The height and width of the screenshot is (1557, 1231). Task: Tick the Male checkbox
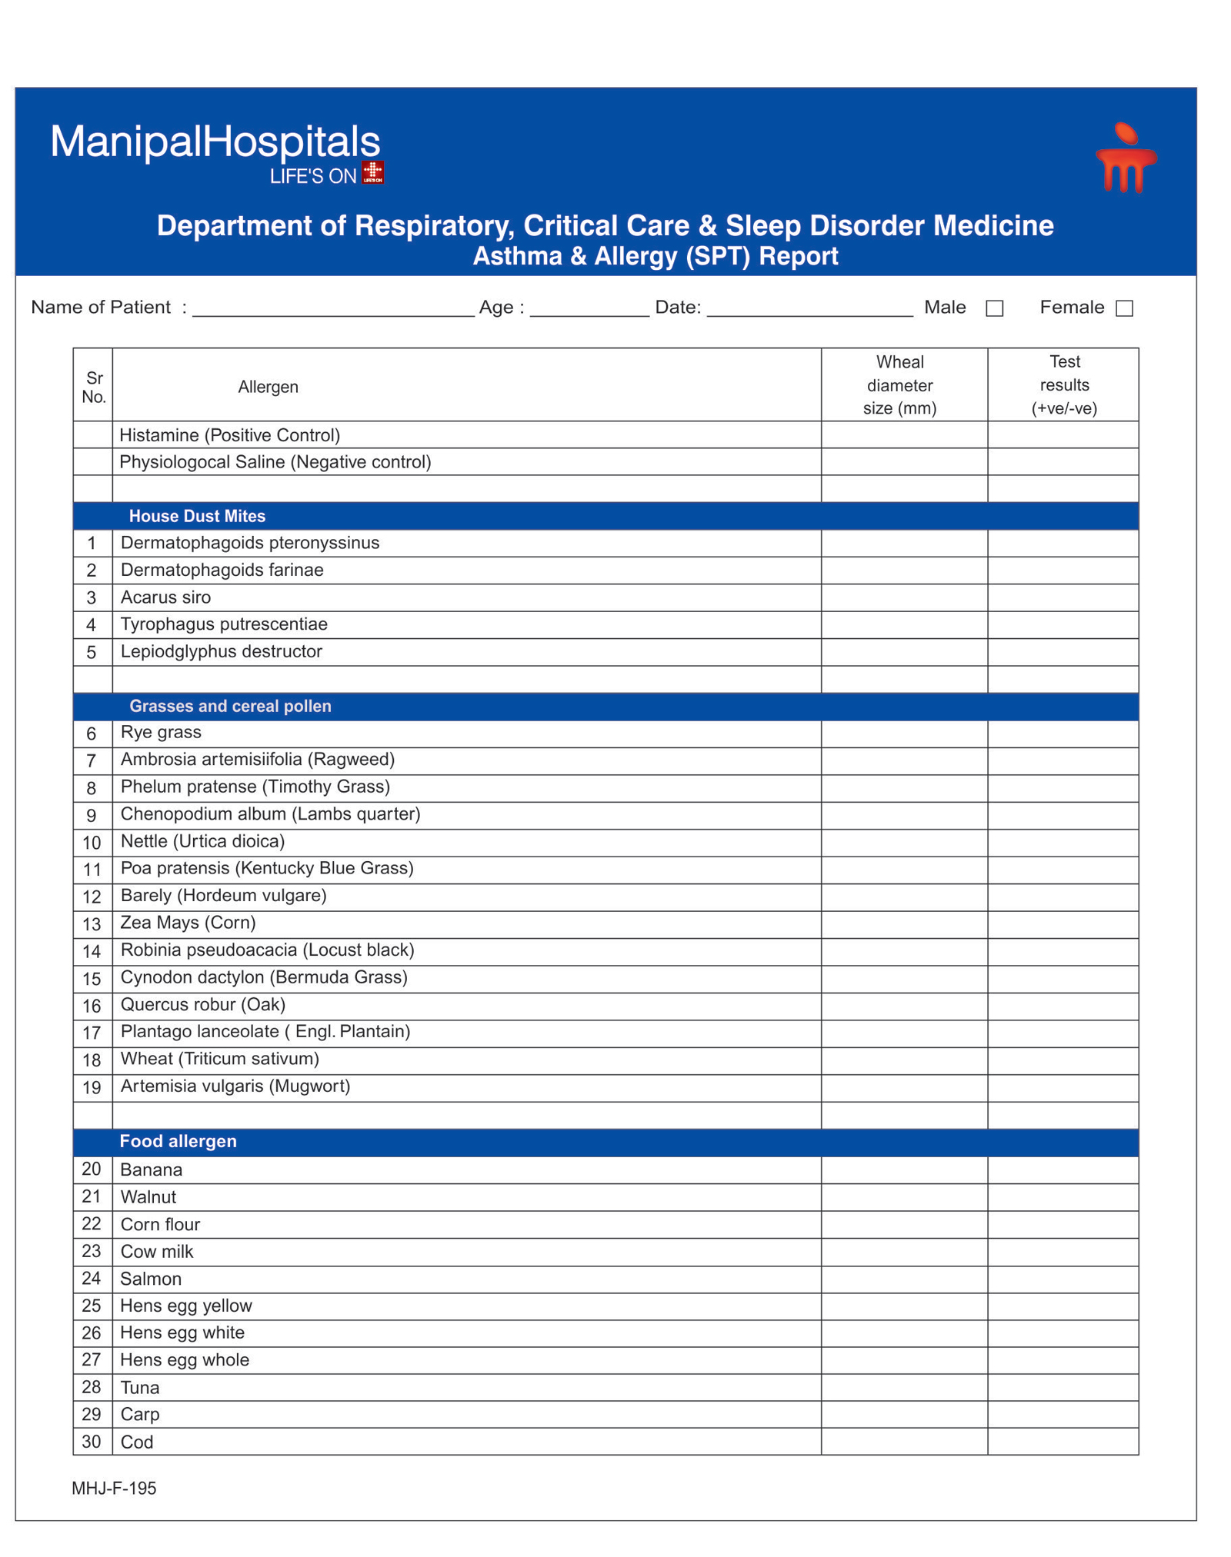click(994, 308)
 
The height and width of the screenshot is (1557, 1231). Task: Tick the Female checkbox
click(1124, 308)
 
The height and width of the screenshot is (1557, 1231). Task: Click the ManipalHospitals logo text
click(215, 143)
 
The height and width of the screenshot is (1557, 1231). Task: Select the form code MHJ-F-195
click(114, 1488)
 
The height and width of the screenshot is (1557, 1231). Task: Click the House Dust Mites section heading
click(197, 516)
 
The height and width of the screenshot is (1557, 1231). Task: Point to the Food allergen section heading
click(178, 1141)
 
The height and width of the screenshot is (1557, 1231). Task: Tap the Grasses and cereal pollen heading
click(230, 706)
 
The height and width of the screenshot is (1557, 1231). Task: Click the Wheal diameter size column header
click(899, 384)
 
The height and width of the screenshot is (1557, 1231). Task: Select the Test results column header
click(1063, 384)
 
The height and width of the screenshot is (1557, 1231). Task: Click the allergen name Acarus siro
click(165, 597)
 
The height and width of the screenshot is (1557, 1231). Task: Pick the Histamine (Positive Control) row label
click(229, 435)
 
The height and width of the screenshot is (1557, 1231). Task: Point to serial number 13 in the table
click(92, 924)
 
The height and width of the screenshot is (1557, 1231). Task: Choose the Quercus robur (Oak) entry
click(203, 1004)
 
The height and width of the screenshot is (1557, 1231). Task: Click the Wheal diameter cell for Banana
click(903, 1169)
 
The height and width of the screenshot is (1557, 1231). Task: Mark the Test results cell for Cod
click(1063, 1441)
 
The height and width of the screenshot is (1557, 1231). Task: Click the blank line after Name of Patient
click(332, 308)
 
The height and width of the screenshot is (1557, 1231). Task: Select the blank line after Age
click(589, 308)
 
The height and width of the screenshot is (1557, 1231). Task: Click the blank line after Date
click(809, 308)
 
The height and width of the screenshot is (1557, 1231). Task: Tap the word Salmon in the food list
click(151, 1279)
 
